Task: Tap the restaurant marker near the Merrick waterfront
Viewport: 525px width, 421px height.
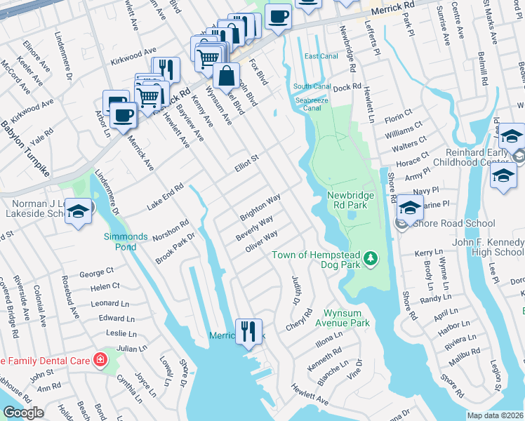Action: [248, 330]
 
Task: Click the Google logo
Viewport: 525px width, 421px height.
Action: [23, 413]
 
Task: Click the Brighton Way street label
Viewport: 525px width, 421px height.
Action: [260, 206]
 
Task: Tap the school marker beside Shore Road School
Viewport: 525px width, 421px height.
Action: [410, 208]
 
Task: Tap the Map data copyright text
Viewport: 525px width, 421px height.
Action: [494, 415]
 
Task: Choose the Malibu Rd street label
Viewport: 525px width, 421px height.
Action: [465, 354]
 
